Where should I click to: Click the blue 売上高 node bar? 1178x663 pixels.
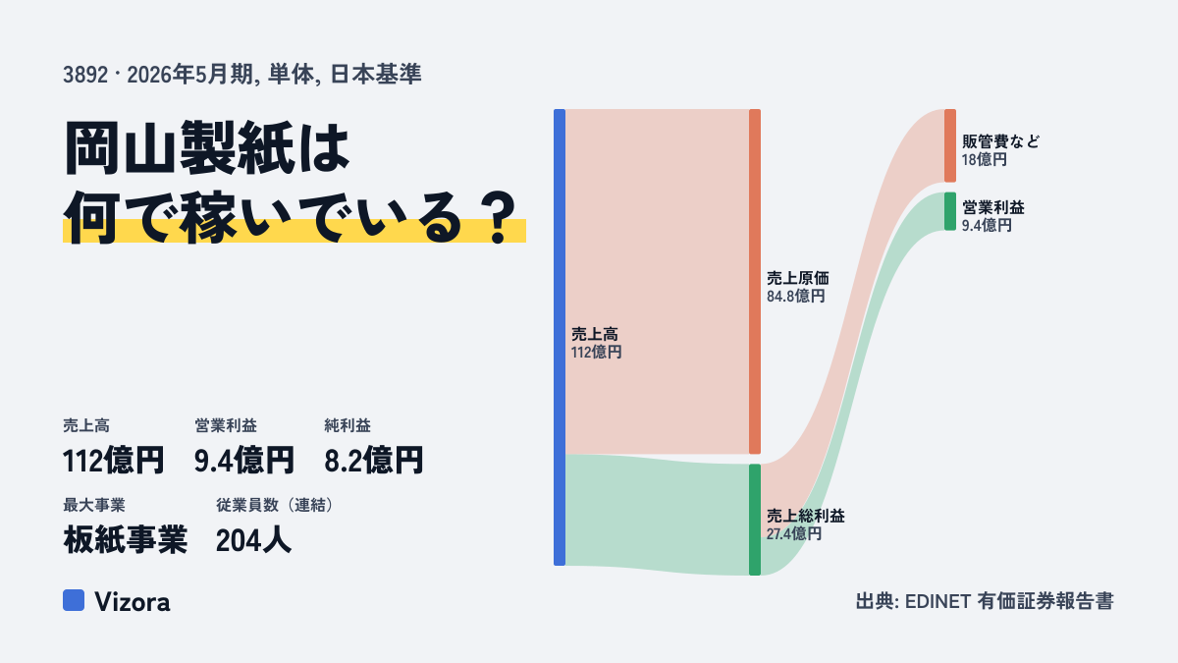(560, 337)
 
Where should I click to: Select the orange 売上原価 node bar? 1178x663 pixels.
(755, 282)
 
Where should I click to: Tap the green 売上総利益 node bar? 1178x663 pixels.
(755, 520)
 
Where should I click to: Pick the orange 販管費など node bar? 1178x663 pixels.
(950, 145)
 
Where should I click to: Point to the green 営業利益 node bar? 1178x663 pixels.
(950, 211)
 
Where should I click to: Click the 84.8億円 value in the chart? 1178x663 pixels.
(795, 297)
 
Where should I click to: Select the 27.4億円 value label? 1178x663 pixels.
(793, 534)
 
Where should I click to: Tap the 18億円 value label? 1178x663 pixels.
(984, 159)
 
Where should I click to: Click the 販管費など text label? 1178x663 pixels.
(1000, 141)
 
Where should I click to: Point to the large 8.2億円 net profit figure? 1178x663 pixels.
(373, 461)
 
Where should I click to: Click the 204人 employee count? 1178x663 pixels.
(253, 540)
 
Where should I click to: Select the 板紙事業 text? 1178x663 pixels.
(126, 540)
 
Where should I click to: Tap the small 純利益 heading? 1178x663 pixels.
(348, 425)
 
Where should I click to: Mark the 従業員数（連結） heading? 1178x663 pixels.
(275, 505)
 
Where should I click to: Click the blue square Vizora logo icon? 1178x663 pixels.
(74, 600)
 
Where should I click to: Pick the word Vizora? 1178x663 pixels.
(132, 601)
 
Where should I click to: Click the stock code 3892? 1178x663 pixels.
(85, 75)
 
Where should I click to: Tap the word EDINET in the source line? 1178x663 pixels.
(937, 601)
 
